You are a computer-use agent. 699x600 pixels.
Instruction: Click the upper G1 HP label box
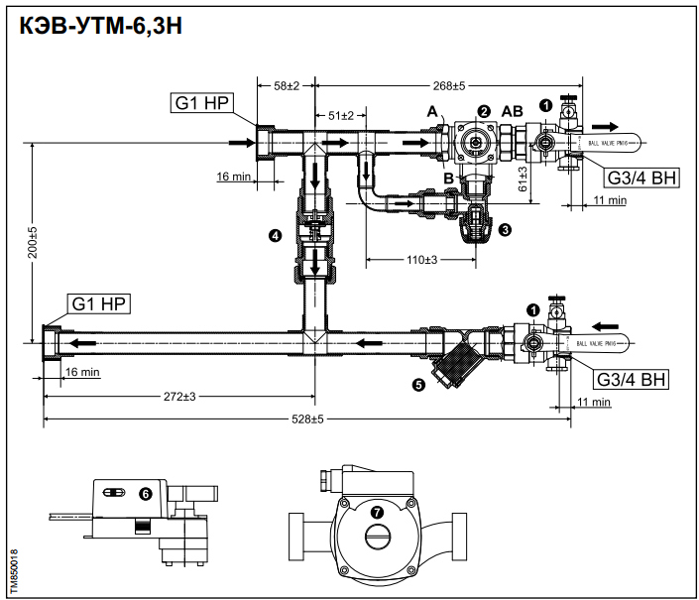pyautogui.click(x=201, y=104)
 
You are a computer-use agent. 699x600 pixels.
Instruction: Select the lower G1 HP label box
pyautogui.click(x=98, y=301)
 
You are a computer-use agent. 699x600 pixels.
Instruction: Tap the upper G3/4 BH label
pyautogui.click(x=641, y=178)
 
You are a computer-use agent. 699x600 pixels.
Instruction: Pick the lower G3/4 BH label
pyautogui.click(x=632, y=379)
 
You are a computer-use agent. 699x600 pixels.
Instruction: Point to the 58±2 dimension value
pyautogui.click(x=286, y=86)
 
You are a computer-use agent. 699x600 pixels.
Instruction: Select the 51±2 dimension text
pyautogui.click(x=341, y=117)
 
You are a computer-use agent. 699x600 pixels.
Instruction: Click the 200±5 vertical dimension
pyautogui.click(x=32, y=243)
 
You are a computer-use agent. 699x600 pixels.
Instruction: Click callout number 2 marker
pyautogui.click(x=484, y=111)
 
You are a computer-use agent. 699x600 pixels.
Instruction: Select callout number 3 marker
pyautogui.click(x=506, y=230)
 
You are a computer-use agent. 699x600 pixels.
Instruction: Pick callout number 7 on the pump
pyautogui.click(x=377, y=512)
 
